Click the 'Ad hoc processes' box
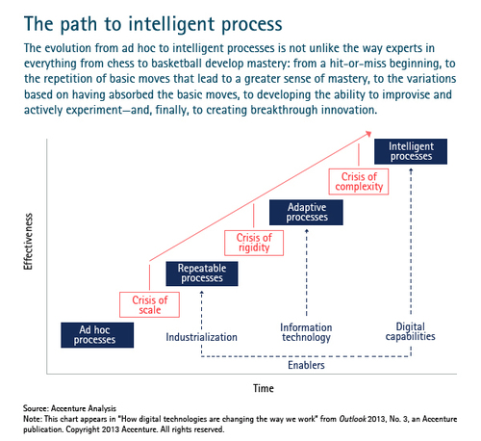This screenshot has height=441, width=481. pyautogui.click(x=97, y=335)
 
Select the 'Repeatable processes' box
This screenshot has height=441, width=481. pyautogui.click(x=202, y=273)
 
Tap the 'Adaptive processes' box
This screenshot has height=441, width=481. pyautogui.click(x=306, y=212)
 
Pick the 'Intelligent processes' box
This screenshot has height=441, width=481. pyautogui.click(x=411, y=151)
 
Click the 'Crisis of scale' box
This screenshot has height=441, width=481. pyautogui.click(x=149, y=304)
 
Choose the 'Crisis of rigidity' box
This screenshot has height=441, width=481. pyautogui.click(x=254, y=243)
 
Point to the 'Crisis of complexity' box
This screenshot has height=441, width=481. pyautogui.click(x=359, y=182)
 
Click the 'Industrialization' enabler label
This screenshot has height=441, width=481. pyautogui.click(x=201, y=337)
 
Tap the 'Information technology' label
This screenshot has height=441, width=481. pyautogui.click(x=306, y=332)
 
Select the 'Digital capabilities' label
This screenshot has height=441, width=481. pyautogui.click(x=411, y=331)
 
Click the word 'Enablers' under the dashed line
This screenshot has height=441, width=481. pyautogui.click(x=306, y=365)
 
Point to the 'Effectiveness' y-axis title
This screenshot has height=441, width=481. pyautogui.click(x=28, y=242)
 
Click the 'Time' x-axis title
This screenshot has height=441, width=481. pyautogui.click(x=264, y=388)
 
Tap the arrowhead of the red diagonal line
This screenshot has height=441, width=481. pyautogui.click(x=368, y=134)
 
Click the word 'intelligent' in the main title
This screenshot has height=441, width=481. pyautogui.click(x=171, y=25)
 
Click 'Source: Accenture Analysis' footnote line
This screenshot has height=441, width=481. pyautogui.click(x=69, y=408)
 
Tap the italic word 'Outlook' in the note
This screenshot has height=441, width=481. pyautogui.click(x=352, y=419)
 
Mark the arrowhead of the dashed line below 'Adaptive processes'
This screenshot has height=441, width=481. pyautogui.click(x=307, y=231)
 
